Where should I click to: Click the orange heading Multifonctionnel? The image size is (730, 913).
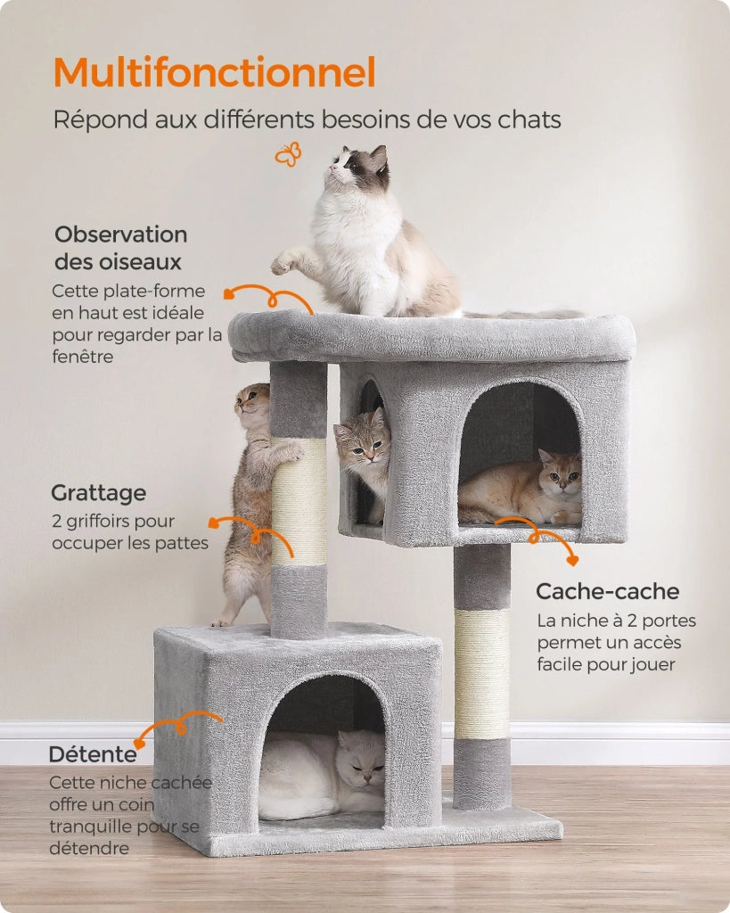coord(214,72)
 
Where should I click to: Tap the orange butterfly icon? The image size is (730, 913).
coord(288,154)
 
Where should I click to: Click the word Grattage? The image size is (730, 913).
coord(98,493)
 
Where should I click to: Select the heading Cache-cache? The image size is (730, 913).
coord(607,591)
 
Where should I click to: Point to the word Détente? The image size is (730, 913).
coord(93,754)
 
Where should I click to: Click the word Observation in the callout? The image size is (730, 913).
coord(120,234)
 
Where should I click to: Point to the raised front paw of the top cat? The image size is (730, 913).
coord(283,264)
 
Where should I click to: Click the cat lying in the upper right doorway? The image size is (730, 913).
coord(520,488)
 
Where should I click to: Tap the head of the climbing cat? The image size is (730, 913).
coord(252,403)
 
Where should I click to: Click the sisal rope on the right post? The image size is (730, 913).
coord(482,674)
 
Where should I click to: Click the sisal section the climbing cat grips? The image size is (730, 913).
coord(299,502)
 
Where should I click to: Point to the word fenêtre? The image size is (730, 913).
coord(83,357)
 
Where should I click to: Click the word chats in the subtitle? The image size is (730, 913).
coord(529,119)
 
